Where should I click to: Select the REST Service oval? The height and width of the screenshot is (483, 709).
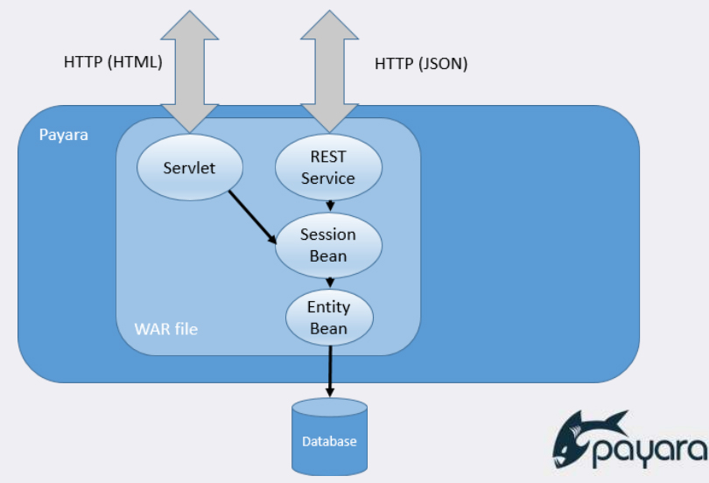[328, 167]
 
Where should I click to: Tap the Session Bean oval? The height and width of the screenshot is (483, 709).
[328, 245]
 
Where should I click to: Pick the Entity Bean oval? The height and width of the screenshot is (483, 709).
[328, 318]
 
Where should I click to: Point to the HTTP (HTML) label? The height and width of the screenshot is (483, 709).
[114, 63]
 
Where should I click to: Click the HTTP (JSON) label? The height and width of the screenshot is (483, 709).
[421, 63]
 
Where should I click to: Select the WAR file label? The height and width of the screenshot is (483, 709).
[166, 329]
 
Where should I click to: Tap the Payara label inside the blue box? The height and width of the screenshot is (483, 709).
[64, 136]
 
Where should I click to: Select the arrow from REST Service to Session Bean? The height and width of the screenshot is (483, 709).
[329, 204]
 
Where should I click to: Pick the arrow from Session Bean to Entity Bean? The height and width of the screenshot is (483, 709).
[329, 282]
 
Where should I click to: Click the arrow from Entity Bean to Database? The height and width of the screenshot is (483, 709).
[329, 371]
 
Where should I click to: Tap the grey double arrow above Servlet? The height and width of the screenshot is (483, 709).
[190, 66]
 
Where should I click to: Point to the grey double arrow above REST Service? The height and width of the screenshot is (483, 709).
[328, 66]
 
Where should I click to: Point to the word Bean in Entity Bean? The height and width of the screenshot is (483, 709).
[328, 329]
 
